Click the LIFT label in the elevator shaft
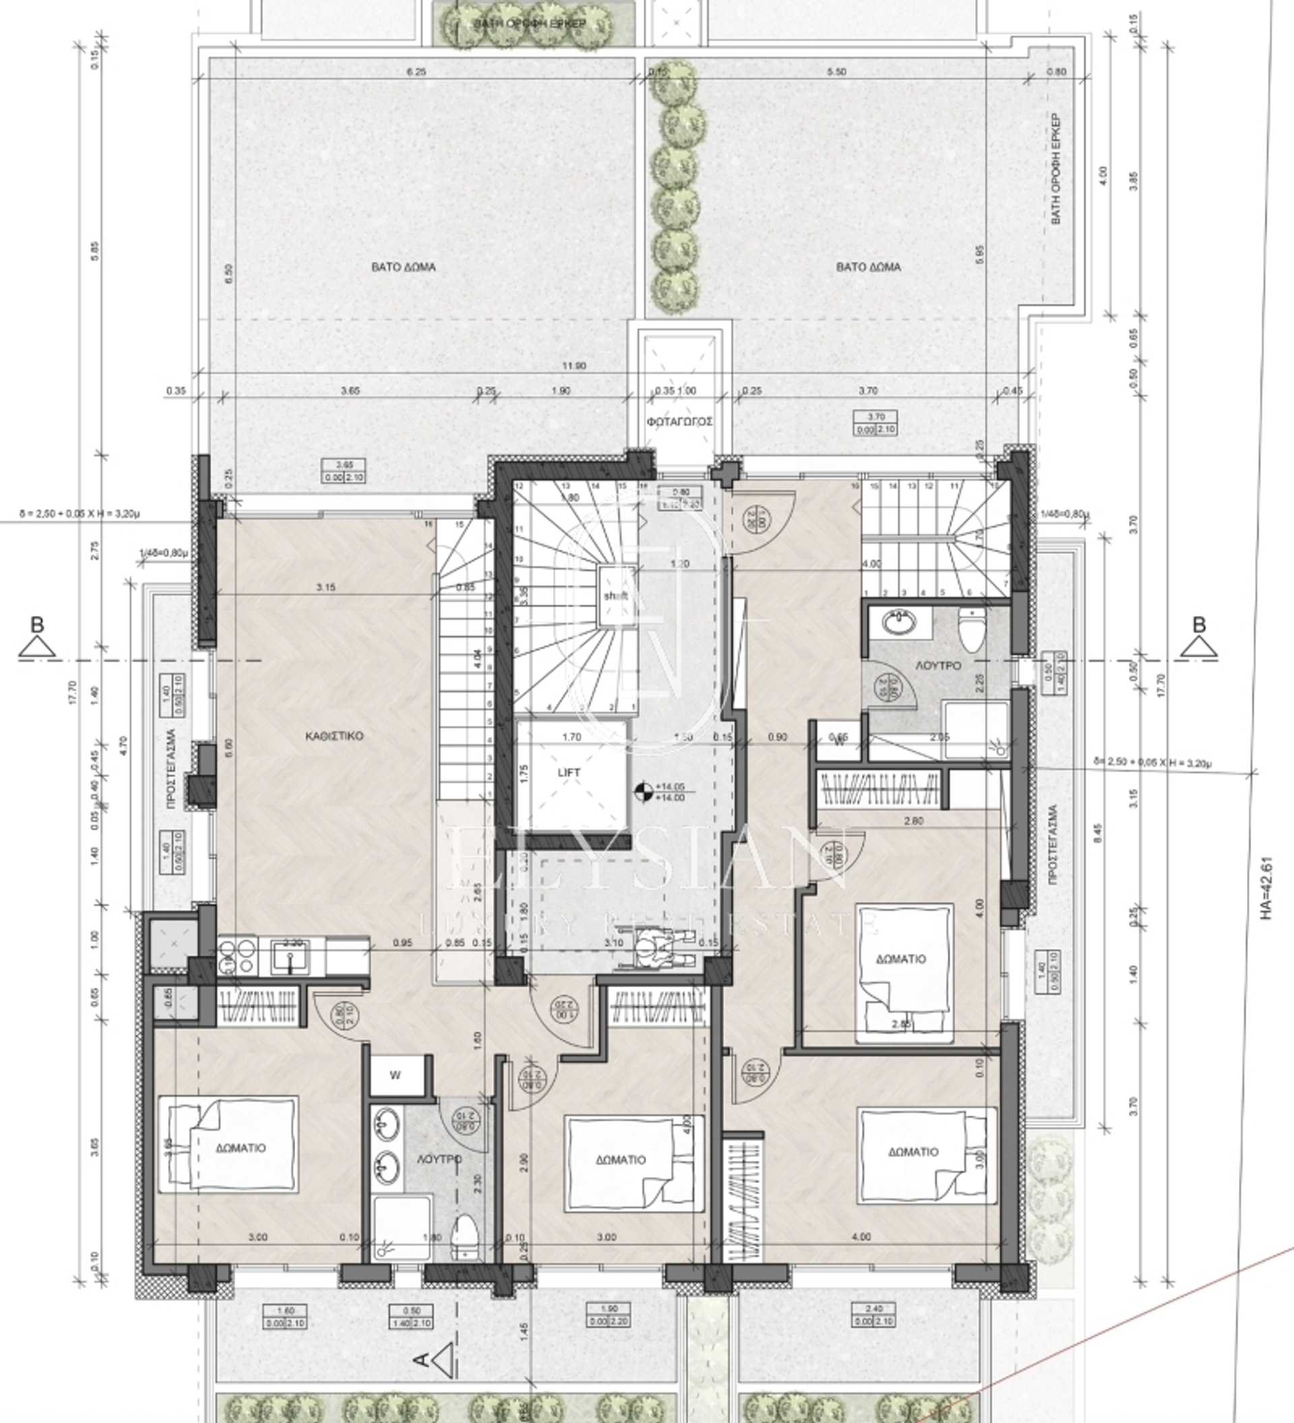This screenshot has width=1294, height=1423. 568,772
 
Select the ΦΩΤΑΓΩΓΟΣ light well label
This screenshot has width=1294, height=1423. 679,421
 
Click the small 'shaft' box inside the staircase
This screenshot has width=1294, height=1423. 615,596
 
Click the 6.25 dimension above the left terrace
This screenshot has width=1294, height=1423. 417,72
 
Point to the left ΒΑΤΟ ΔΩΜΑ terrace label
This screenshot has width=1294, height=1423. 403,267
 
